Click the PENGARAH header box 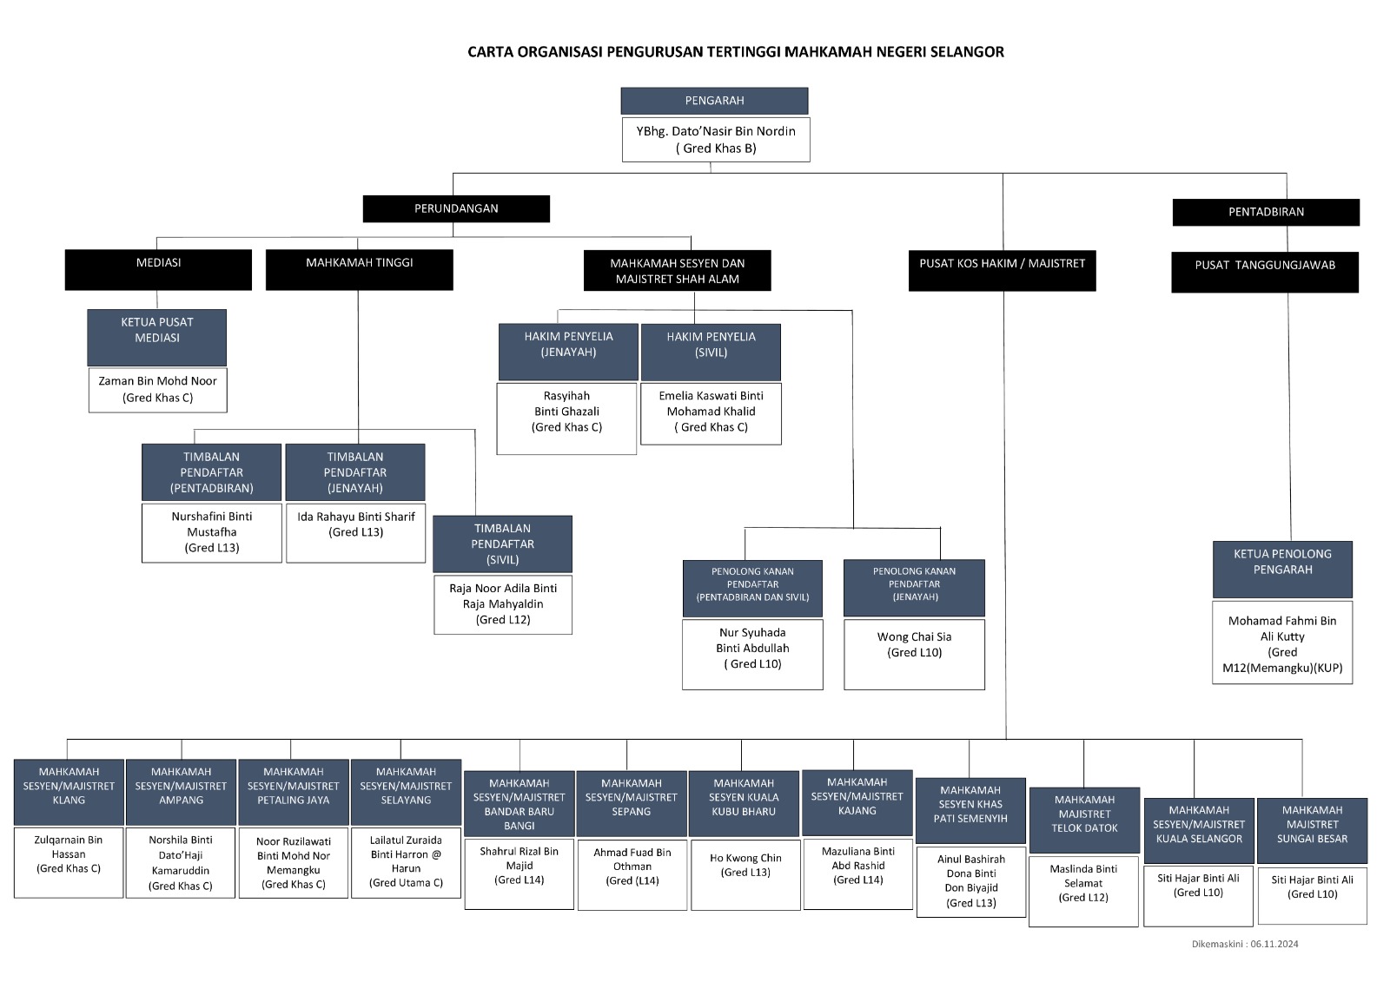[x=714, y=101]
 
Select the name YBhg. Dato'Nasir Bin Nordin [x=716, y=131]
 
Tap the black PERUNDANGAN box [x=456, y=208]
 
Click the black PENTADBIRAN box [x=1266, y=212]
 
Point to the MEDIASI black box [x=158, y=270]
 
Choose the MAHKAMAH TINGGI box [x=360, y=270]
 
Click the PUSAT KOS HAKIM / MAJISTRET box [x=1003, y=271]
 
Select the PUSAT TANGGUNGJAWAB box [x=1265, y=272]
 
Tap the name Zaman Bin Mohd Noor [x=157, y=381]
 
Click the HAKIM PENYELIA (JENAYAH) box [x=568, y=352]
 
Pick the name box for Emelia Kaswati [x=712, y=414]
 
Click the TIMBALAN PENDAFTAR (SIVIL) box [x=503, y=544]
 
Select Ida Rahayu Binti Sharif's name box [x=355, y=533]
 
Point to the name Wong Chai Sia [x=914, y=636]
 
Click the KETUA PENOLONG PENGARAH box [x=1282, y=570]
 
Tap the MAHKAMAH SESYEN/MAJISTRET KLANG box [x=69, y=792]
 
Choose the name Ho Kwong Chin [x=746, y=858]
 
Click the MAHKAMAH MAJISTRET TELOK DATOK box [x=1085, y=821]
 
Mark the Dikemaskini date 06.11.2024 [x=1274, y=944]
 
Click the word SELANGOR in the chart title [x=967, y=51]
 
